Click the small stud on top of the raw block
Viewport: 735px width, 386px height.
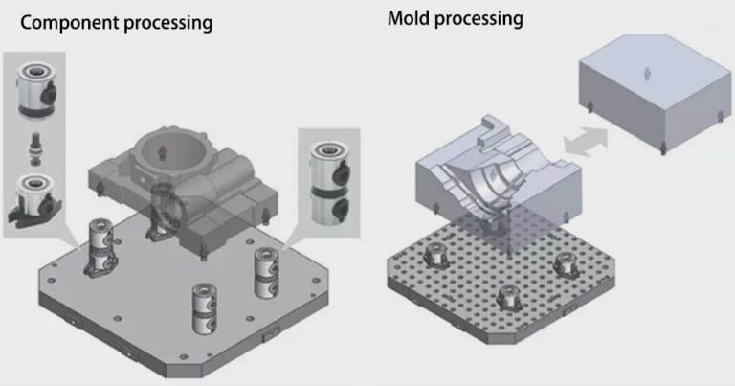pyautogui.click(x=649, y=72)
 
